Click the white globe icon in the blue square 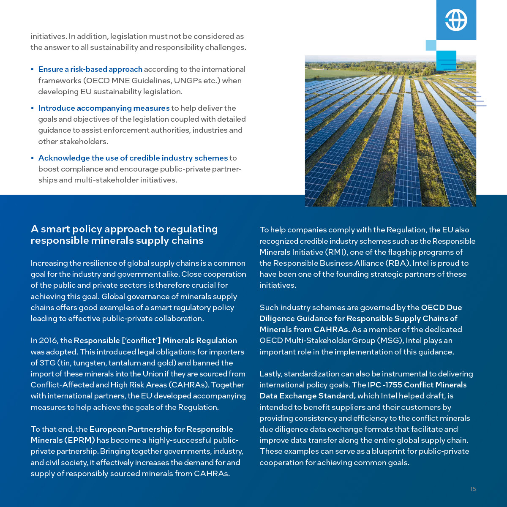pos(456,20)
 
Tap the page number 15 pos(473,489)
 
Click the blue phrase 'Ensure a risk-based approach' pos(90,69)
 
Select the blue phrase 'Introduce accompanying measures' pos(104,108)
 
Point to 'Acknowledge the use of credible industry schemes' pos(133,158)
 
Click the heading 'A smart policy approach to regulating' pos(124,229)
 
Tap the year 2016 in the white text pos(48,341)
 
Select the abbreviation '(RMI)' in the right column pos(336,252)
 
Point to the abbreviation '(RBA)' pos(398,263)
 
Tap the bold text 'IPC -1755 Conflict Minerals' pos(417,385)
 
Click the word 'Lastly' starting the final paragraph pos(270,374)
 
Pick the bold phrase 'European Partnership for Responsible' pos(161,429)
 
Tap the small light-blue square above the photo pos(431,45)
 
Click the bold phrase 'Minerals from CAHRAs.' pos(304,330)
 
